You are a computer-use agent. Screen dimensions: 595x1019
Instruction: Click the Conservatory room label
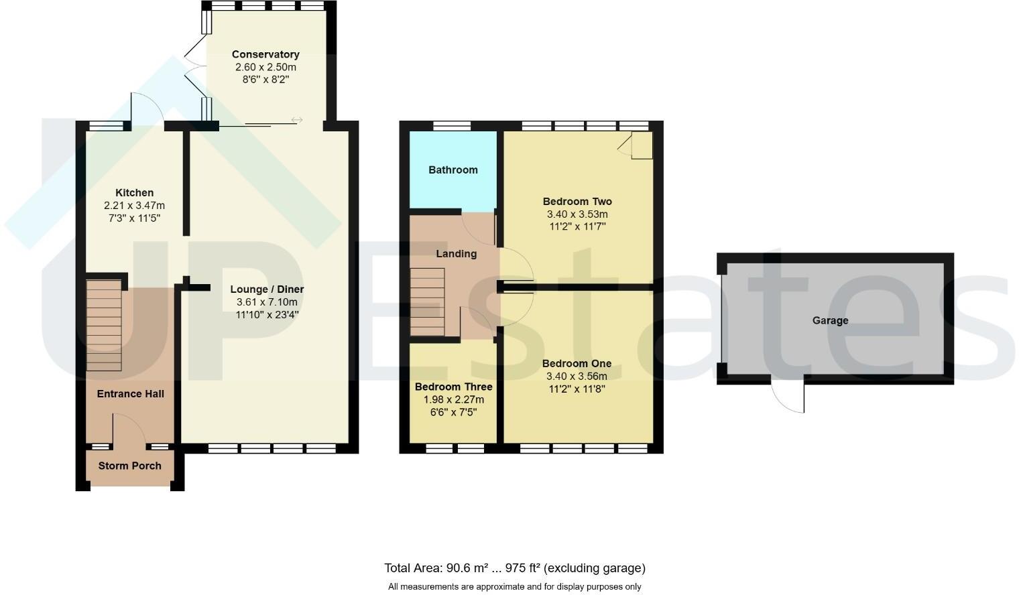(265, 54)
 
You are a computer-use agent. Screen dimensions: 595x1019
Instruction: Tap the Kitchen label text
(134, 193)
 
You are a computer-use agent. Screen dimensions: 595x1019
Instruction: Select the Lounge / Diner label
(267, 289)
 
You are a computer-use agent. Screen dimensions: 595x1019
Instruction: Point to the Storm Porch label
(129, 466)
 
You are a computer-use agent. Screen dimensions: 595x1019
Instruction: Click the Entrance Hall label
(130, 394)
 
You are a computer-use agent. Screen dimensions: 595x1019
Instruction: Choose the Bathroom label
(453, 170)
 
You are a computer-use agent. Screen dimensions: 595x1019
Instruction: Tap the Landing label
(456, 254)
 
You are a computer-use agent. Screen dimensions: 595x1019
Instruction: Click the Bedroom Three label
(453, 387)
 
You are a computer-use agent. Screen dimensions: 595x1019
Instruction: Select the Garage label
(830, 321)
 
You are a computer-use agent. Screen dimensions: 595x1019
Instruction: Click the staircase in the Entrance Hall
(104, 326)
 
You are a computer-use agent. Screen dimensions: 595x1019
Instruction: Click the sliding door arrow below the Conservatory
(296, 120)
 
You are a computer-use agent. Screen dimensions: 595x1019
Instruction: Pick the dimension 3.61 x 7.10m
(267, 302)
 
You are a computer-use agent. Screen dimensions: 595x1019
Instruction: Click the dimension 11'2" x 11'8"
(577, 389)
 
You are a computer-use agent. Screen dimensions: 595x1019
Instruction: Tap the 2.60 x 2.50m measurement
(265, 67)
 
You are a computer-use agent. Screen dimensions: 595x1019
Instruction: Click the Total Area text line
(514, 568)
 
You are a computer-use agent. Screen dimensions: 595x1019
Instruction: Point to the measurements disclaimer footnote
(514, 587)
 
